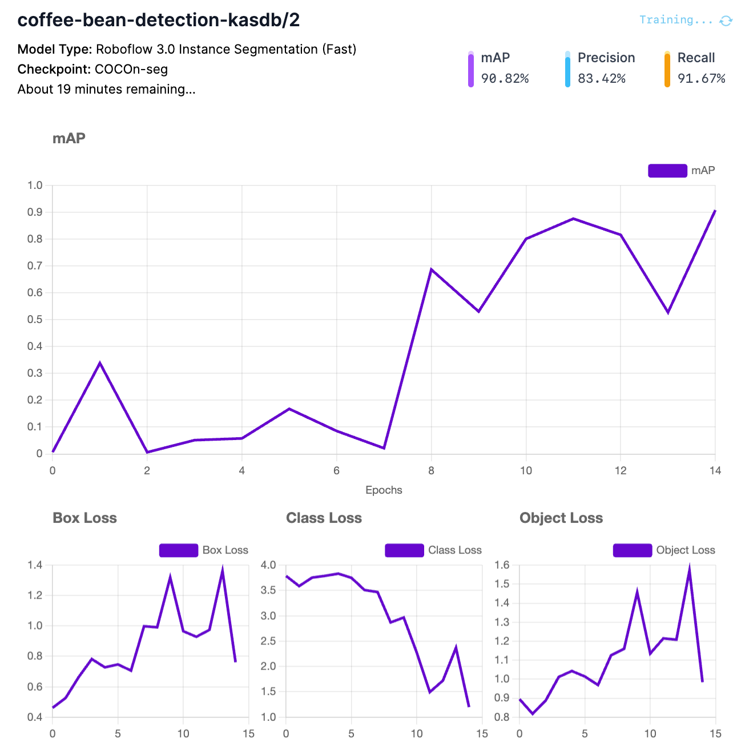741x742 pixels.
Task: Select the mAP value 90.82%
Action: click(x=505, y=79)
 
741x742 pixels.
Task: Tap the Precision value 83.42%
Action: click(x=601, y=79)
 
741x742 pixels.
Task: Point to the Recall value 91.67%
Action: click(x=701, y=79)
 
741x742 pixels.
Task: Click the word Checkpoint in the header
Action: click(x=54, y=69)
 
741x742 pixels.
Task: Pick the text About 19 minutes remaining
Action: click(x=106, y=90)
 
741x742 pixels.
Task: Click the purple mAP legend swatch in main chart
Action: click(x=667, y=171)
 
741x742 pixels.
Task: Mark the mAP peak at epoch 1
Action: click(x=100, y=362)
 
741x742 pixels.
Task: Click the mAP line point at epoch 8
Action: click(x=432, y=269)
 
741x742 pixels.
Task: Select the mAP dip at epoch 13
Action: click(x=668, y=312)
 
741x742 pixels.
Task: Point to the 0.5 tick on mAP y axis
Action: click(x=35, y=319)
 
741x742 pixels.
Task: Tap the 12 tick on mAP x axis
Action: click(x=621, y=470)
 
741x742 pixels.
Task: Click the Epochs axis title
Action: click(x=384, y=490)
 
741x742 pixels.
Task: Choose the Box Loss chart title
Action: click(x=84, y=518)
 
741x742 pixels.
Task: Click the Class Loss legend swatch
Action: click(x=404, y=550)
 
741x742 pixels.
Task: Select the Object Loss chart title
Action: click(x=561, y=518)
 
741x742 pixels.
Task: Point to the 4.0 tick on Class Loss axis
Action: click(x=268, y=565)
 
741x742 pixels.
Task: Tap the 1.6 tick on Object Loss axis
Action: click(x=502, y=565)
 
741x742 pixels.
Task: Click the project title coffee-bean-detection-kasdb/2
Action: click(x=159, y=20)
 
